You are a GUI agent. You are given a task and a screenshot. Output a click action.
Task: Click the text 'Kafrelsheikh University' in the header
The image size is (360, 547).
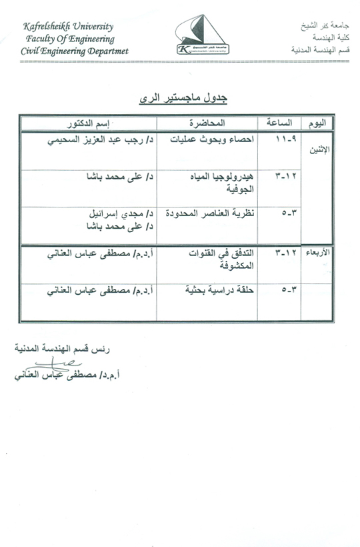(x=68, y=27)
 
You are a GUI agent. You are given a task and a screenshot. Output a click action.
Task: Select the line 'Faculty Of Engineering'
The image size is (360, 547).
(x=71, y=39)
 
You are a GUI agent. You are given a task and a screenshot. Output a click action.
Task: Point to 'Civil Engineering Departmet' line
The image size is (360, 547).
(x=74, y=51)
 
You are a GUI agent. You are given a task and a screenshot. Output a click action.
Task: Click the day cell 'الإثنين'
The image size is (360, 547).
(x=317, y=149)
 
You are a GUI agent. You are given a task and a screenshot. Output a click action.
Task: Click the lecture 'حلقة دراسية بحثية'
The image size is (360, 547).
(x=204, y=291)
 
